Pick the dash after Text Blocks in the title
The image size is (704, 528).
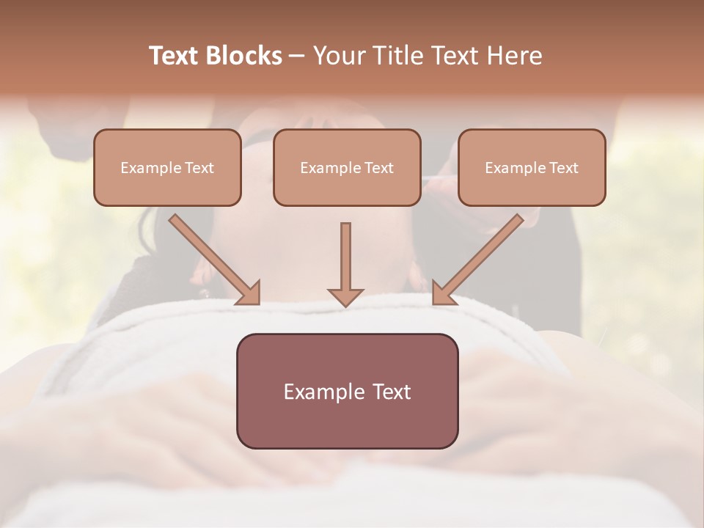click(x=297, y=56)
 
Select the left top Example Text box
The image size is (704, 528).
click(x=167, y=167)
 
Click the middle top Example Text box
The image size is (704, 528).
click(x=347, y=167)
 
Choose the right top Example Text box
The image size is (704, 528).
click(x=532, y=167)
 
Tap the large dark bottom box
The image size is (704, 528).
click(x=347, y=391)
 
